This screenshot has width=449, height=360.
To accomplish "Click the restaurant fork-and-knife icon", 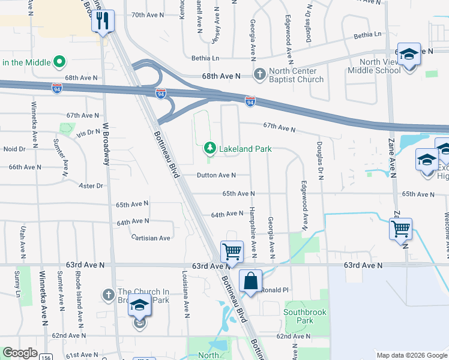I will coord(103,22).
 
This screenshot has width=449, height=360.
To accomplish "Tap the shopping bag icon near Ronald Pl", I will coord(250,280).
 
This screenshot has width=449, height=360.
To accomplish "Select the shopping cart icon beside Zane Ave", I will coord(400,229).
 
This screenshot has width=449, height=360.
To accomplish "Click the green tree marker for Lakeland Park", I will coord(209,148).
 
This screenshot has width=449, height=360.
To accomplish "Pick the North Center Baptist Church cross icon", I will coord(259,74).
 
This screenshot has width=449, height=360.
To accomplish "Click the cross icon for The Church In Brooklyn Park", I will coord(108,295).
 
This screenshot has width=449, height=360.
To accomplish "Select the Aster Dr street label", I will coord(91,186).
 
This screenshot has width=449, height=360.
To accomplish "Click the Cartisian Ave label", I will coord(151,238).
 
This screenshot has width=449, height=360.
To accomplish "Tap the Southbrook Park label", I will coord(306,316).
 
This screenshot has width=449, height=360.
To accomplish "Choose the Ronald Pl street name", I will coord(275,290).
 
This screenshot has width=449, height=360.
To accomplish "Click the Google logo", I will coord(20,353).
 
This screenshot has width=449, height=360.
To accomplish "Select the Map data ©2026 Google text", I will coord(411,355).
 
